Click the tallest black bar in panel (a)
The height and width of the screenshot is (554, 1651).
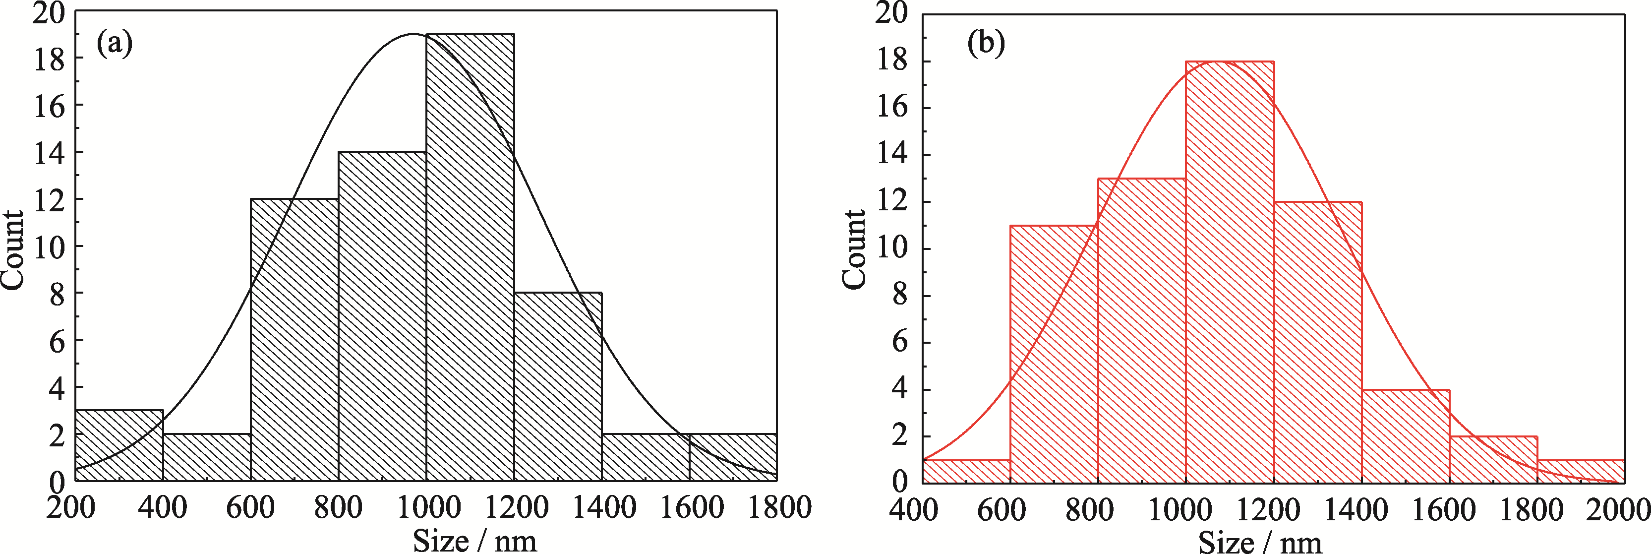tap(470, 256)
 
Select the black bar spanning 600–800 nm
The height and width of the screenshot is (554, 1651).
tap(294, 340)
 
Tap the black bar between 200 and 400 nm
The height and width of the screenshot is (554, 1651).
tap(119, 446)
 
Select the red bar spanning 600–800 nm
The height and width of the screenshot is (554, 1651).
tap(1054, 353)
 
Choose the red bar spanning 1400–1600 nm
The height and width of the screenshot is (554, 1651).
tap(1405, 435)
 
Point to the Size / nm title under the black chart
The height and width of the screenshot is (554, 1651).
tap(474, 541)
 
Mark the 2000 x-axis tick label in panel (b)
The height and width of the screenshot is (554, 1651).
tap(1622, 510)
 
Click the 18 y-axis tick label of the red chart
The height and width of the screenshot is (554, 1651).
tap(891, 62)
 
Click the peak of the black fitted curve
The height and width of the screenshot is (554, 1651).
tap(413, 34)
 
